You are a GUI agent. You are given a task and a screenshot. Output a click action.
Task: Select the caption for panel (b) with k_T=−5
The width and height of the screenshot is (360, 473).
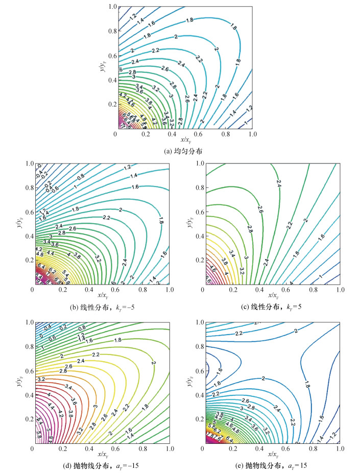[102, 306]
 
